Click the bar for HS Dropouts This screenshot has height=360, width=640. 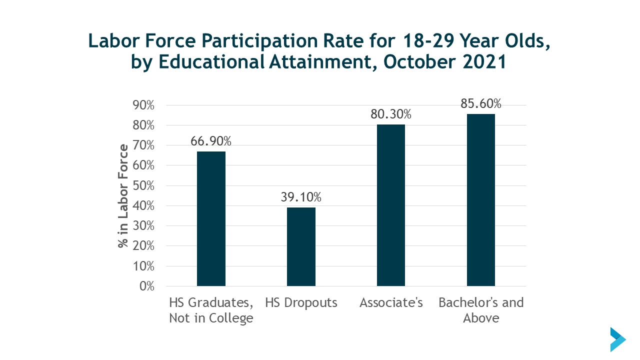301,246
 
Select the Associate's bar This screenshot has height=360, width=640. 391,205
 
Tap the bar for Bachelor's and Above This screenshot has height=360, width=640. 481,200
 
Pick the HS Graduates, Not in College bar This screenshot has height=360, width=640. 211,218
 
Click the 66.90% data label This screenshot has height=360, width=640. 211,141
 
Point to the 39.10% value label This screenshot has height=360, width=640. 301,197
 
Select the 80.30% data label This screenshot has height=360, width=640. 391,114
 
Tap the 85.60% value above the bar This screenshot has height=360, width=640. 481,103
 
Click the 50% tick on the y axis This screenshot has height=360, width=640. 144,185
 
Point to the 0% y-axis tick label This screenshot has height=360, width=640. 147,286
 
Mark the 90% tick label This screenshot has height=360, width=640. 144,105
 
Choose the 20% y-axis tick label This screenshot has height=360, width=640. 144,246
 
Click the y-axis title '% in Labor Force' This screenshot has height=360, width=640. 123,196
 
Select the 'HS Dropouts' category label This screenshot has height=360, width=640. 301,302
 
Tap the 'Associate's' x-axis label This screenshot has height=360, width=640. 391,302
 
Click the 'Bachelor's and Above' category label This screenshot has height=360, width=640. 481,310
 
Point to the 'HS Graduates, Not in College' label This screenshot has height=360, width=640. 211,310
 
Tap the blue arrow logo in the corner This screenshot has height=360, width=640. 617,339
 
